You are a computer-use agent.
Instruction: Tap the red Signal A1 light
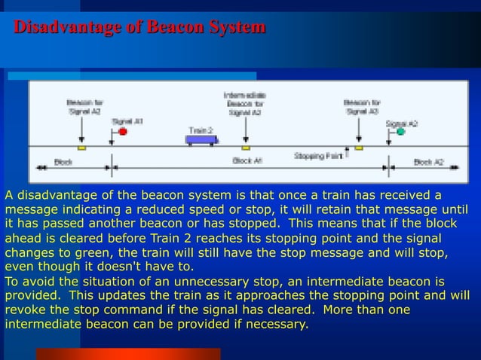coord(122,132)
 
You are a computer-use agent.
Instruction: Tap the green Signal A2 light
coord(401,132)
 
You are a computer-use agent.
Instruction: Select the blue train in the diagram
coord(203,139)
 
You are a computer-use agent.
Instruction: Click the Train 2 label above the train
coord(201,130)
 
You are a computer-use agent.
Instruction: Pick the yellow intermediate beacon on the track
coord(245,148)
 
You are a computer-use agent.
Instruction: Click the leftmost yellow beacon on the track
coord(82,148)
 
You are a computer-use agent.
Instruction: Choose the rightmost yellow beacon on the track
coord(359,148)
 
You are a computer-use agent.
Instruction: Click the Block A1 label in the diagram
coord(247,161)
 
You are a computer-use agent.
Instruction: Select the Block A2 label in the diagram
coord(428,162)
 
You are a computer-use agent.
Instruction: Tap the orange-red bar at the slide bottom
coord(128,354)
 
